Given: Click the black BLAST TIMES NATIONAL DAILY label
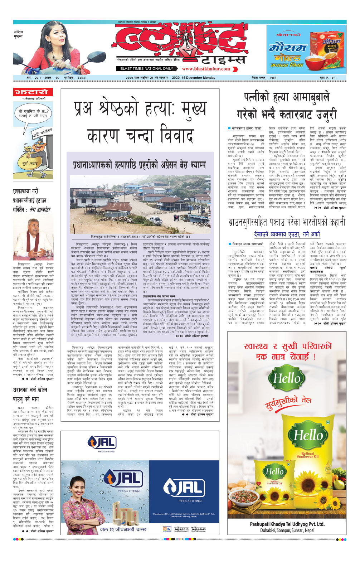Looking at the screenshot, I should (x=147, y=69).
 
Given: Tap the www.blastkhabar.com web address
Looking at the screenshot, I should (x=206, y=69).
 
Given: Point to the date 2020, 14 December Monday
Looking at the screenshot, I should (x=194, y=78).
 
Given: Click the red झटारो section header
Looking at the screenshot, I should (x=31, y=92).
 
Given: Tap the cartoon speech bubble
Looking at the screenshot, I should (x=33, y=115).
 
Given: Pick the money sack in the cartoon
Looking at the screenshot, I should (x=30, y=162).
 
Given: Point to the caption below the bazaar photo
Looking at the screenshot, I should (x=140, y=237).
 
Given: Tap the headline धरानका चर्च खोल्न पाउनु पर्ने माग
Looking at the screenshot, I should (x=30, y=394).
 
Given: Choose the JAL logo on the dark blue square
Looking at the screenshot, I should (x=183, y=488).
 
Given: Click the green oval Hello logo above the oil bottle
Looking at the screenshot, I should (x=287, y=378).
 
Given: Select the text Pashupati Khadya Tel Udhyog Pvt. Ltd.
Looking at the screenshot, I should (x=287, y=524).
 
